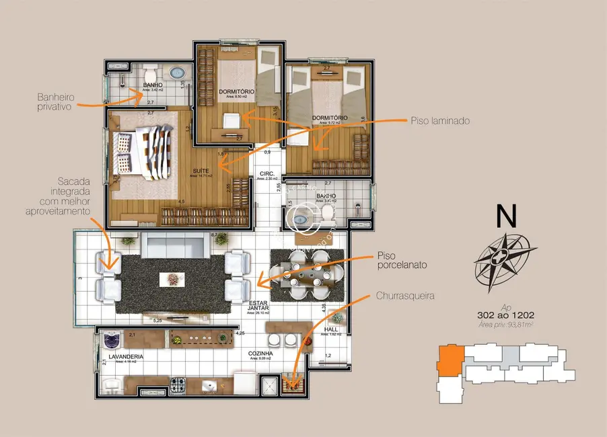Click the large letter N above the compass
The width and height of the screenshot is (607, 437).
coord(506,216)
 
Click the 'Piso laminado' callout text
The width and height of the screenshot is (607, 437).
coord(440,122)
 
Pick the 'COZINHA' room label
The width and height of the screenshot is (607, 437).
coord(260,353)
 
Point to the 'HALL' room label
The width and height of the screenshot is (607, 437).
coord(331,329)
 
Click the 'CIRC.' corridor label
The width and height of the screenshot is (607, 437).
coord(266,174)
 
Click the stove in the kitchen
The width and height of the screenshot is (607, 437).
coord(180,385)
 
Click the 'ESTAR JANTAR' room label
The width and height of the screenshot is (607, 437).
coord(258,306)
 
